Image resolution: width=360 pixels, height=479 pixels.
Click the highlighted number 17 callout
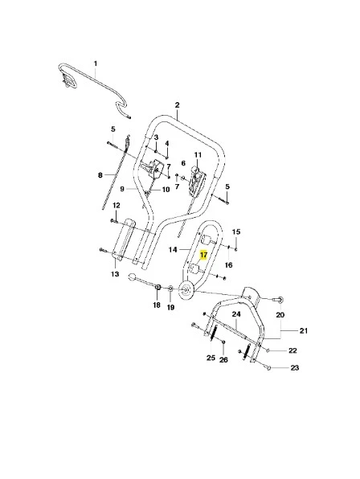point(203,255)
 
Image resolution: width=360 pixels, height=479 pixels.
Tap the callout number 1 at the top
point(96,63)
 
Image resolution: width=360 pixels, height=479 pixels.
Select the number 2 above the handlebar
point(177,105)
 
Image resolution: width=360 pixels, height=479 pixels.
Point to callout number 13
point(115,274)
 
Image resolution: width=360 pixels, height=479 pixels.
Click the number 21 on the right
point(304,330)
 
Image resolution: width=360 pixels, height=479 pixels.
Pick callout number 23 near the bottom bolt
point(294,367)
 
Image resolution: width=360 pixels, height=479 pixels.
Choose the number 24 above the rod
point(236,313)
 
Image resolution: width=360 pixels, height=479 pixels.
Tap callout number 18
point(157,305)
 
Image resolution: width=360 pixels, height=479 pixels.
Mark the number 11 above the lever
point(198,155)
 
